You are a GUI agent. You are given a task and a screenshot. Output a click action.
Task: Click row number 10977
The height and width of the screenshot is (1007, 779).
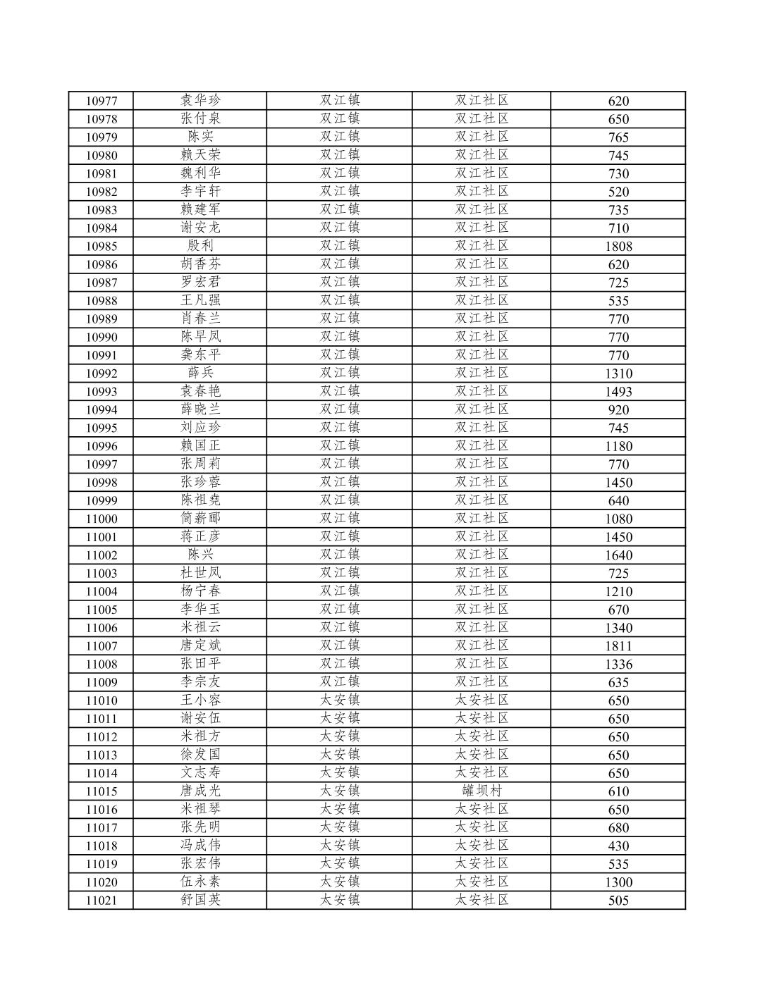tap(102, 101)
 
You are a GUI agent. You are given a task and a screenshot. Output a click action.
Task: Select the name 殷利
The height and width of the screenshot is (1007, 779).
tap(200, 246)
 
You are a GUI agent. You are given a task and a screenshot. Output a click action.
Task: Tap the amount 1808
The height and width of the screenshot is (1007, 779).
tap(618, 246)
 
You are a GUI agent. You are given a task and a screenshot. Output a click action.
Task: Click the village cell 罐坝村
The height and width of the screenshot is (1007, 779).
tap(481, 791)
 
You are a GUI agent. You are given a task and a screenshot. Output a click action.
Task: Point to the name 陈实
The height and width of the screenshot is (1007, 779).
tap(200, 137)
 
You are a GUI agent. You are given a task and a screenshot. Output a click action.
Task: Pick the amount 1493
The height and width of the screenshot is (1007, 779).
tap(618, 391)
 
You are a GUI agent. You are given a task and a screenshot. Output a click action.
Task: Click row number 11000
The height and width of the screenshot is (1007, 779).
tap(102, 519)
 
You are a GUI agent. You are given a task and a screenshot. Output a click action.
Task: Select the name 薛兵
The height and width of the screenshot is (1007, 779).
tap(200, 373)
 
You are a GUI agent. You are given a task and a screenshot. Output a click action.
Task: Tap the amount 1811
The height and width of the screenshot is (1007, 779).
tap(618, 645)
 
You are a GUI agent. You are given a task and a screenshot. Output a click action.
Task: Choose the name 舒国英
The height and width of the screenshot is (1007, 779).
tap(200, 900)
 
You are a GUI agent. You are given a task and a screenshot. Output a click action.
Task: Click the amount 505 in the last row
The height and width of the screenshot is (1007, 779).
tap(618, 900)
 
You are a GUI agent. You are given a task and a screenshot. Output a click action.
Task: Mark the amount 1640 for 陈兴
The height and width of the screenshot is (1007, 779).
tap(618, 555)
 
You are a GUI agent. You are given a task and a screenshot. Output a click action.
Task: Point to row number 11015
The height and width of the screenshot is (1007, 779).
tap(102, 791)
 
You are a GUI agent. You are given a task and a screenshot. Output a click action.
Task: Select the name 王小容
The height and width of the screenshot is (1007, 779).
tap(200, 700)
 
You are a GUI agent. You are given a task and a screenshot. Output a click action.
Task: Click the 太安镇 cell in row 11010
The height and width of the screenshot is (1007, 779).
tap(340, 700)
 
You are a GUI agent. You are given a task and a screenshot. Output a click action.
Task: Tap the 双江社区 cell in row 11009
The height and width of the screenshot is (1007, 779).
tap(481, 681)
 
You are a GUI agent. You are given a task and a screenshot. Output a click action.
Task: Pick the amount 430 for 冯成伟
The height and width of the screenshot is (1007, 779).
tap(618, 846)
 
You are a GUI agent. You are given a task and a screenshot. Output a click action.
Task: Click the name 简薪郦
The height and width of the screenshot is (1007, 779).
tap(200, 519)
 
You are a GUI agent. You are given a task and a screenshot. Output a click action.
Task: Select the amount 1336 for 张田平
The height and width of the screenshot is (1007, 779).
tap(618, 664)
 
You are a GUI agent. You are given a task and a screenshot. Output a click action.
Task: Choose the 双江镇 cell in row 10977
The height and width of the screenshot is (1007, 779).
tap(340, 101)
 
